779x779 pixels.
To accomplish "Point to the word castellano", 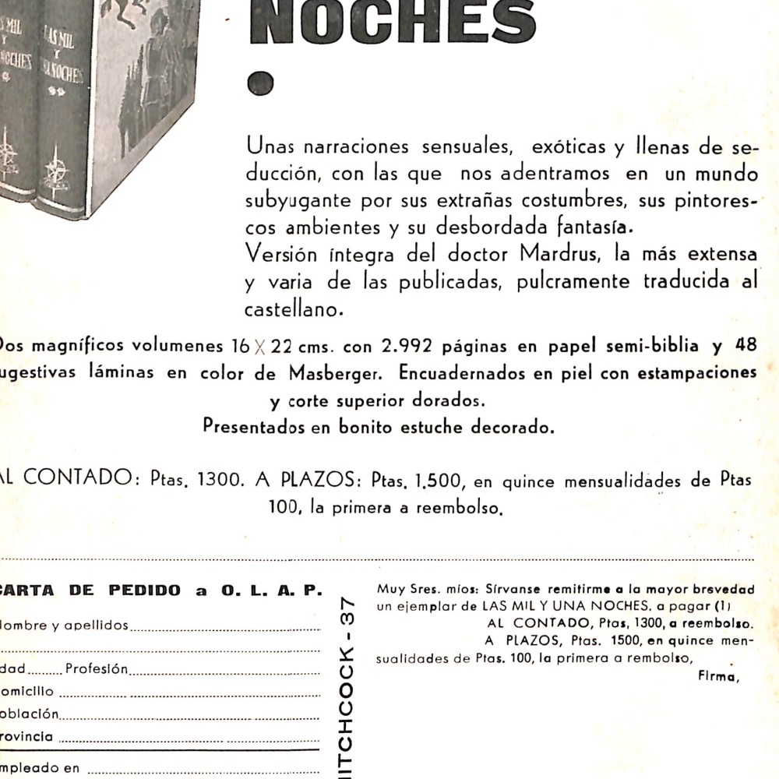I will tap(294, 310).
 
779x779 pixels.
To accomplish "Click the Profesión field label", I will tap(97, 668).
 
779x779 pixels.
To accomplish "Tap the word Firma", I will tap(714, 676).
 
